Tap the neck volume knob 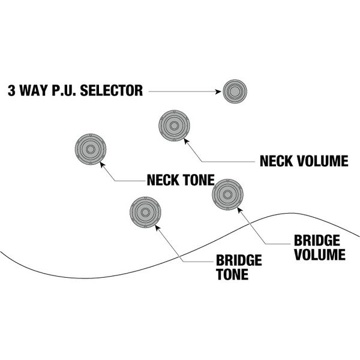[175, 126]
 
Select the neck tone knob [90, 148]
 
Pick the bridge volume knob [229, 194]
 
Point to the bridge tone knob [146, 212]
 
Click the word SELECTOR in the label [113, 92]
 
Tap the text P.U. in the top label [67, 92]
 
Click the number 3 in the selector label [11, 92]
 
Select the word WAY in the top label [34, 92]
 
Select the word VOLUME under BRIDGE [319, 254]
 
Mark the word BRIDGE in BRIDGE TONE [239, 261]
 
